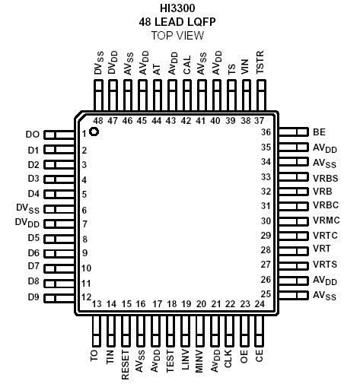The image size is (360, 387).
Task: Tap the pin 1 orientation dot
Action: tap(94, 132)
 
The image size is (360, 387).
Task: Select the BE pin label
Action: tap(319, 132)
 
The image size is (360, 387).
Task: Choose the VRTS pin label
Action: tap(324, 264)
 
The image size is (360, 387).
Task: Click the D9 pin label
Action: tap(33, 296)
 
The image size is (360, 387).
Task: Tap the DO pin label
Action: tap(32, 135)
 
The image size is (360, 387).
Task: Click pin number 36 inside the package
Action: tap(266, 132)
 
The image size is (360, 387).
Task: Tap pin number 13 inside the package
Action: tap(97, 304)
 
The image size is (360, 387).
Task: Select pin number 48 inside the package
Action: tap(97, 121)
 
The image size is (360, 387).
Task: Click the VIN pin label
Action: tap(245, 69)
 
